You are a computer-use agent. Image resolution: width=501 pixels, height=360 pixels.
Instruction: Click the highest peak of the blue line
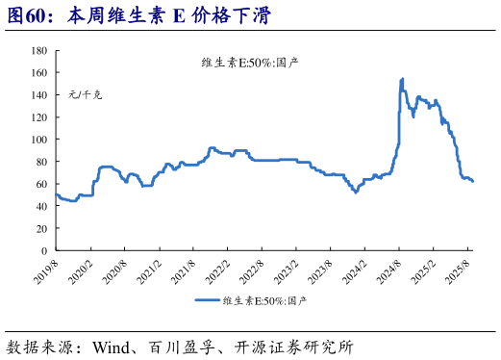401,79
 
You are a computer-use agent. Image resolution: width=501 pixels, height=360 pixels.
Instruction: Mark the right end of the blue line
473,182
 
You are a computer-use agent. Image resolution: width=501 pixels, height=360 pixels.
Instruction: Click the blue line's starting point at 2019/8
56,195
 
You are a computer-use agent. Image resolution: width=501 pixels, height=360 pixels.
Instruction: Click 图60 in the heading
26,16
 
